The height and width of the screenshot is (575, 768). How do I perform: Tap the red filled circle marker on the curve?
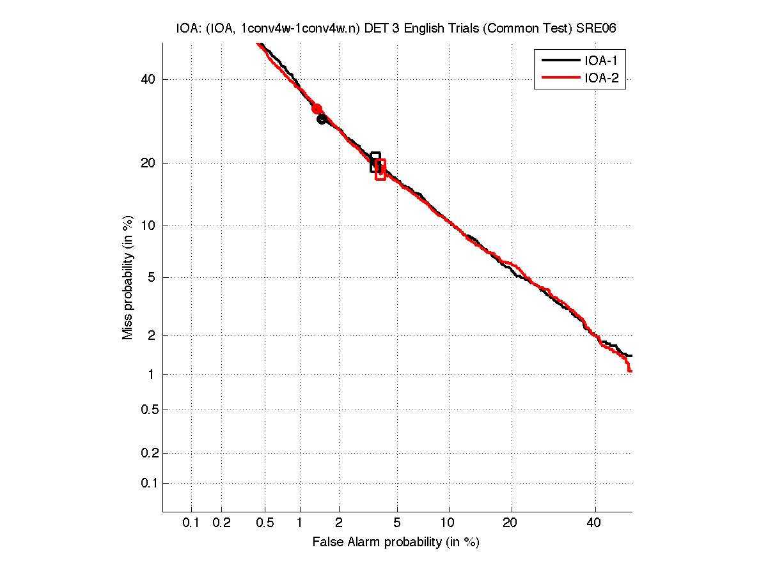(x=317, y=109)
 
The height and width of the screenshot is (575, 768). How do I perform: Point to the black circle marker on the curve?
(x=322, y=119)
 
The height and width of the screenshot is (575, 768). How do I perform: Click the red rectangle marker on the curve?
(x=380, y=169)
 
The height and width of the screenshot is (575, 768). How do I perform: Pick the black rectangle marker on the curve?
(x=375, y=162)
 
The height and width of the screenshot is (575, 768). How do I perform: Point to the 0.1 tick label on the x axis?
(x=191, y=523)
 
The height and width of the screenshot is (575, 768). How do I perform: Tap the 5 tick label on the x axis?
(x=397, y=523)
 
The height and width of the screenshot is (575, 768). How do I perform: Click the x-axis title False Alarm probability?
(x=396, y=542)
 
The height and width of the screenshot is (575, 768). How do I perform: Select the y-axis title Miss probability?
(x=129, y=277)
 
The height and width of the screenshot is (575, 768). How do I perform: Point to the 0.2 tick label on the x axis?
(x=221, y=523)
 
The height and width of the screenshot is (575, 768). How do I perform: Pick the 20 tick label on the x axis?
(x=510, y=523)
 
